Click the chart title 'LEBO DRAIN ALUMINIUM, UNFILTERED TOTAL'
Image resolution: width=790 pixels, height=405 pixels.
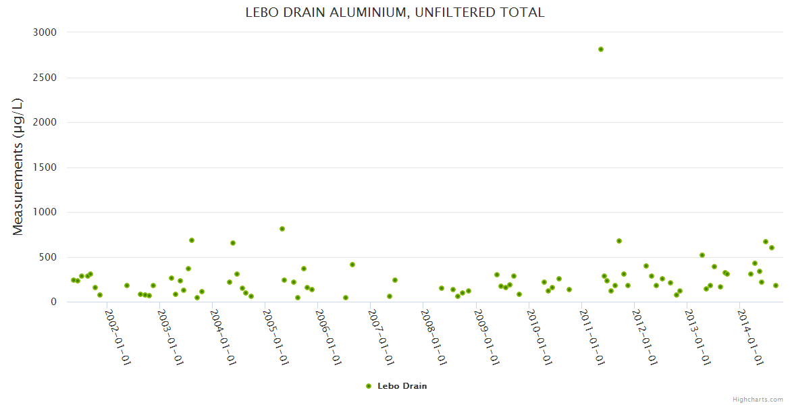coord(394,13)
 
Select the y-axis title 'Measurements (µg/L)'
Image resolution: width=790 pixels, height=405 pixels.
coord(18,166)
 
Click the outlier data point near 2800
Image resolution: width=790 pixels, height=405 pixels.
coord(601,49)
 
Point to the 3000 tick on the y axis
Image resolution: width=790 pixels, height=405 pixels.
coord(45,32)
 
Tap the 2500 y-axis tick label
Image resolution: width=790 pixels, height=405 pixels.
coord(45,78)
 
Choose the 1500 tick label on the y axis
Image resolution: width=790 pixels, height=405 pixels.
coord(45,167)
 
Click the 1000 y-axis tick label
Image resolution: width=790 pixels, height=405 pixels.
coord(45,212)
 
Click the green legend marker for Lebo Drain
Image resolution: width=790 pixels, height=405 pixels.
coord(369,386)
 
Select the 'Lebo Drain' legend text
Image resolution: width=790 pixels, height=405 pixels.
coord(402,386)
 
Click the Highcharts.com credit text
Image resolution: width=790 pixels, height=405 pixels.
coord(758,399)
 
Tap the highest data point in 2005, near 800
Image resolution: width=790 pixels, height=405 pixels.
coord(282,229)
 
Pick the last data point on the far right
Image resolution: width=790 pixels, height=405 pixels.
coord(776,286)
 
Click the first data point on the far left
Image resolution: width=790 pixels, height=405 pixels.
coord(73,280)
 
